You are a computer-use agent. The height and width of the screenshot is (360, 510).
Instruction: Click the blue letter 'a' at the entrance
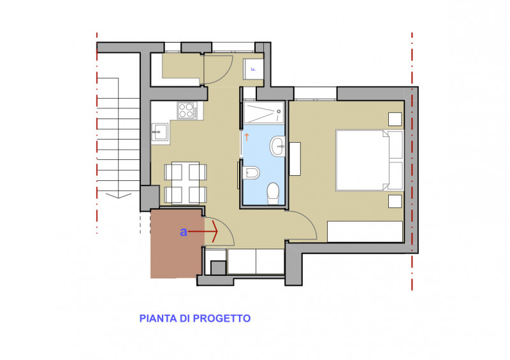coord(184,232)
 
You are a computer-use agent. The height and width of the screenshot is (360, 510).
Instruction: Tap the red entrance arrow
coord(203,231)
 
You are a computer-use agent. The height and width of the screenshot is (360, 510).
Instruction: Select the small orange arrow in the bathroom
coord(247,137)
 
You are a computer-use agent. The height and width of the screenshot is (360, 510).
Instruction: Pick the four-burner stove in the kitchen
coord(187,110)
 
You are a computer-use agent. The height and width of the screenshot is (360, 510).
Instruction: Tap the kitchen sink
coord(160,132)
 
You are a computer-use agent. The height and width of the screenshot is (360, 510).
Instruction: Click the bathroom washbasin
coord(277,147)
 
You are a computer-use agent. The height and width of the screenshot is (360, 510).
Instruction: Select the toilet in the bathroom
coord(273,193)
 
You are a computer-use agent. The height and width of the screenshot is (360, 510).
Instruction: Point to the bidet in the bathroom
coord(251,173)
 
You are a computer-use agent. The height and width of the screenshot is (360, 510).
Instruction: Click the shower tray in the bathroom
coord(263,113)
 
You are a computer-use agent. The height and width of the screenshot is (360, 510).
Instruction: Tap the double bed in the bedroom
coord(370,160)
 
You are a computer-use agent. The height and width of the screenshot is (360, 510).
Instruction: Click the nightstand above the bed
coord(395,119)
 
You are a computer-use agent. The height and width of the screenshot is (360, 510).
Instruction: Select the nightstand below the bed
coord(395,201)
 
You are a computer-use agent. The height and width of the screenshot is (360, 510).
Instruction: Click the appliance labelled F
coord(253,69)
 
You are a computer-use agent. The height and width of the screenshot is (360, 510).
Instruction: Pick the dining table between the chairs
coord(186,183)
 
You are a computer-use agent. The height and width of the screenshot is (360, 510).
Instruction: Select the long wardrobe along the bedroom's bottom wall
coord(365,231)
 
